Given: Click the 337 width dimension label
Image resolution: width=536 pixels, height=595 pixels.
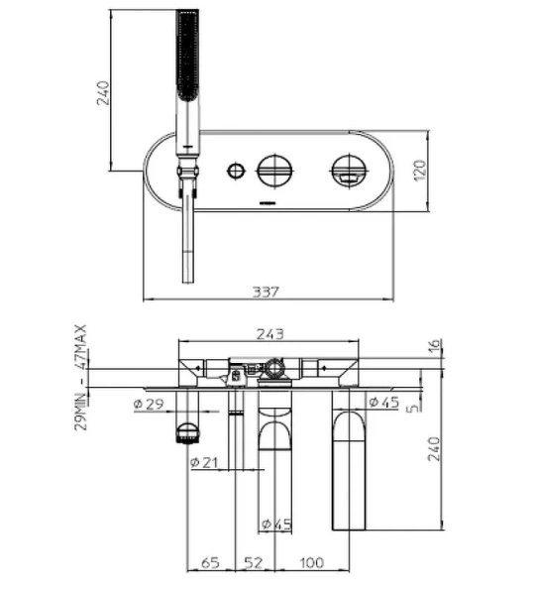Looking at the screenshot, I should (266, 292).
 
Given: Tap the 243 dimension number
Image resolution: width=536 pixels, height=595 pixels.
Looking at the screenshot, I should (270, 334).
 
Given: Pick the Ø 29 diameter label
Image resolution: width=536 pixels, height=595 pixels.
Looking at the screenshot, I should (149, 404).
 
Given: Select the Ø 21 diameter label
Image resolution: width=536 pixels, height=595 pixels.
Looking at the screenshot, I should (206, 461).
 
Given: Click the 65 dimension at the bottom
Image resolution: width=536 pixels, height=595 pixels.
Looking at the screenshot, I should (211, 562).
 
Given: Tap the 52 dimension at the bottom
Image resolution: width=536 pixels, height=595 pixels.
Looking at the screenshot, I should (254, 562).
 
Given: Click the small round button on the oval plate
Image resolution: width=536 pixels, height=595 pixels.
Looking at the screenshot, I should (235, 170).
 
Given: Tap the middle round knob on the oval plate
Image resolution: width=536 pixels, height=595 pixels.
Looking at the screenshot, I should (273, 170).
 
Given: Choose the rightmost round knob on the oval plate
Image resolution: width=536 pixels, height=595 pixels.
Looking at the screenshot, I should (346, 170).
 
